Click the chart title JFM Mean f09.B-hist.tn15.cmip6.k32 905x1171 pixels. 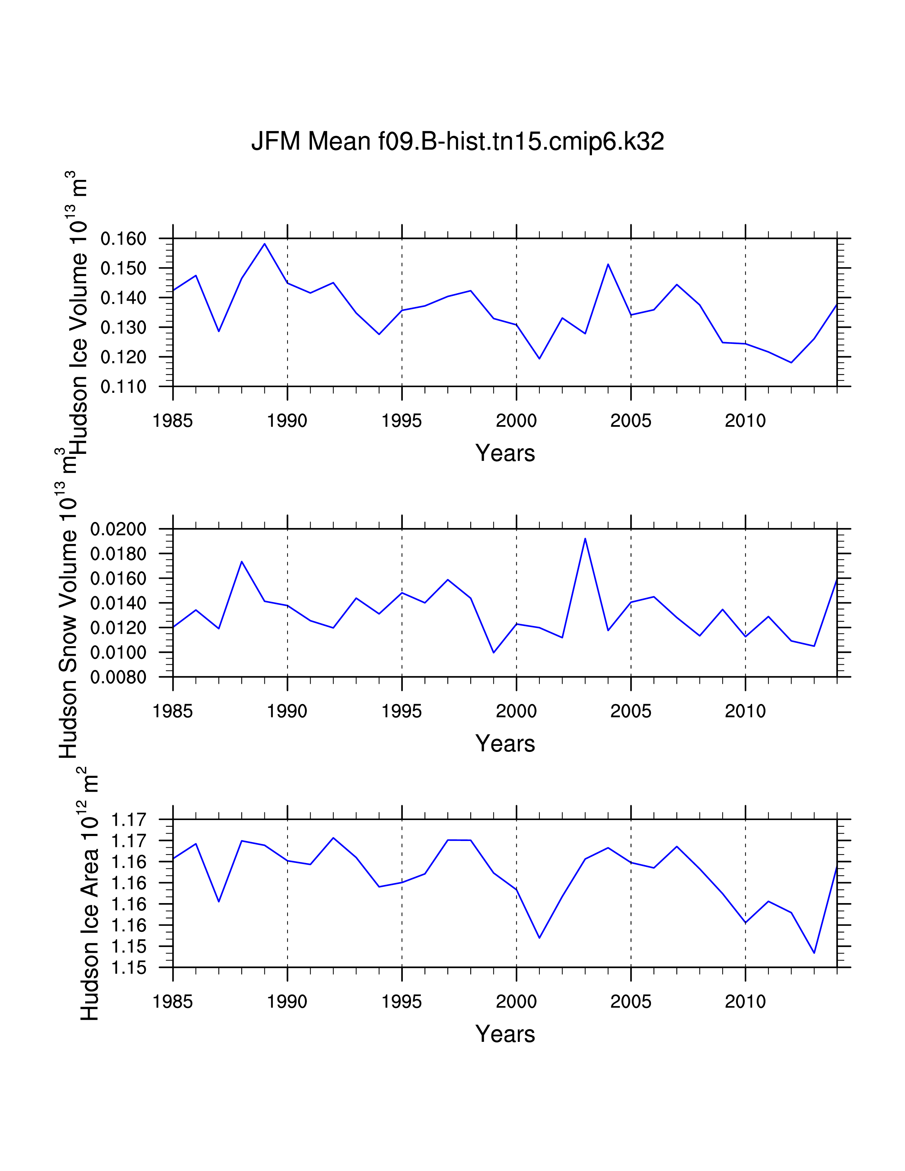(457, 142)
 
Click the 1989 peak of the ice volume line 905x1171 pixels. (264, 244)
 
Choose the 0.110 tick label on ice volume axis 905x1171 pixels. (123, 386)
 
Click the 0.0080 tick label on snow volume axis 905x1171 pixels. (118, 677)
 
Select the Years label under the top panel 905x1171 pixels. (505, 453)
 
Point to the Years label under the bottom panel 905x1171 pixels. (505, 1034)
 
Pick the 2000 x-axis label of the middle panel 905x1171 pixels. (516, 711)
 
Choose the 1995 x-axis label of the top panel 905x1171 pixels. (401, 421)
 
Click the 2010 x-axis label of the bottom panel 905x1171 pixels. (745, 1002)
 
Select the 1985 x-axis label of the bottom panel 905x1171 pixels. (172, 1002)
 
